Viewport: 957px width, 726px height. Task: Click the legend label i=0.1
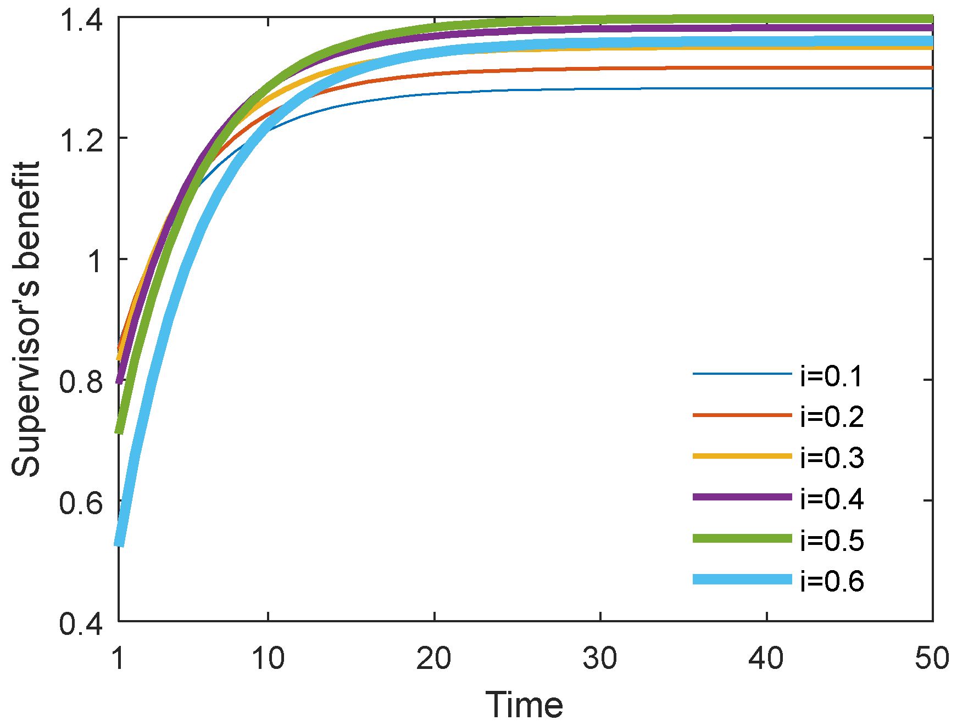832,376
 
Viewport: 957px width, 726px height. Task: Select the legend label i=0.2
832,418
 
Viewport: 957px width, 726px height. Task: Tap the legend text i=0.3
832,458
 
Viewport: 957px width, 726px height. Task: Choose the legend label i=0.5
832,541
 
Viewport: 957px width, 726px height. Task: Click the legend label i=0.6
832,582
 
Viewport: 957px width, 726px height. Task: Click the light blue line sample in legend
742,579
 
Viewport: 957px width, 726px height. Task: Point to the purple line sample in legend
742,497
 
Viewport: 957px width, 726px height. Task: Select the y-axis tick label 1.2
81,141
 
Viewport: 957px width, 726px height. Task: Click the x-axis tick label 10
268,658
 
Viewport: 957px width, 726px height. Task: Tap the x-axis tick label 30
600,658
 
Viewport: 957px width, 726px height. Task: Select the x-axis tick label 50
932,658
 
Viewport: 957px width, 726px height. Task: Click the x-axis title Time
524,705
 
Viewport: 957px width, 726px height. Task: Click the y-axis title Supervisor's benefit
26,319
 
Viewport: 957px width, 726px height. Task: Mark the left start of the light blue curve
119,543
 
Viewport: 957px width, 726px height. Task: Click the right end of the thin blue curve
931,88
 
